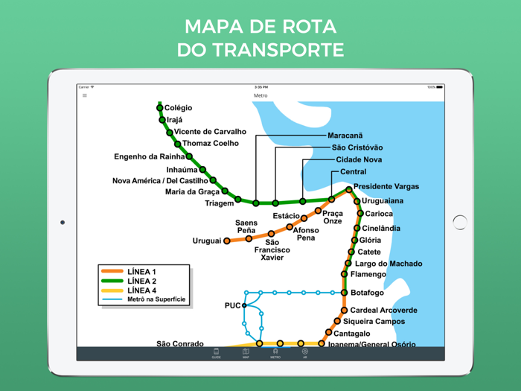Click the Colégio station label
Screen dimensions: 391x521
click(x=178, y=108)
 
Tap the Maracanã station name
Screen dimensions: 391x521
click(x=345, y=136)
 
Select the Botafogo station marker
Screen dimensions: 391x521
click(x=345, y=293)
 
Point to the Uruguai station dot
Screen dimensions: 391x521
click(x=226, y=241)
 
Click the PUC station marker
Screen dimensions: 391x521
click(x=244, y=305)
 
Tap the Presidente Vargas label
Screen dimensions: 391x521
click(x=386, y=186)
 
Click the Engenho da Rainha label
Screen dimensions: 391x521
click(x=149, y=156)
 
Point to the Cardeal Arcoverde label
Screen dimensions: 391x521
click(x=383, y=310)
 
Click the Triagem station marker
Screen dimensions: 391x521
click(x=238, y=199)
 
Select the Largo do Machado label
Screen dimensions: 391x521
click(x=389, y=264)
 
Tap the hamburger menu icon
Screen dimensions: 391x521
click(x=85, y=95)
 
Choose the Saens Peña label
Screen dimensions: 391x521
click(x=246, y=226)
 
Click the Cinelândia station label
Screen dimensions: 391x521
click(x=381, y=228)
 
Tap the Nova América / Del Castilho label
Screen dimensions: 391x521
click(x=160, y=180)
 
